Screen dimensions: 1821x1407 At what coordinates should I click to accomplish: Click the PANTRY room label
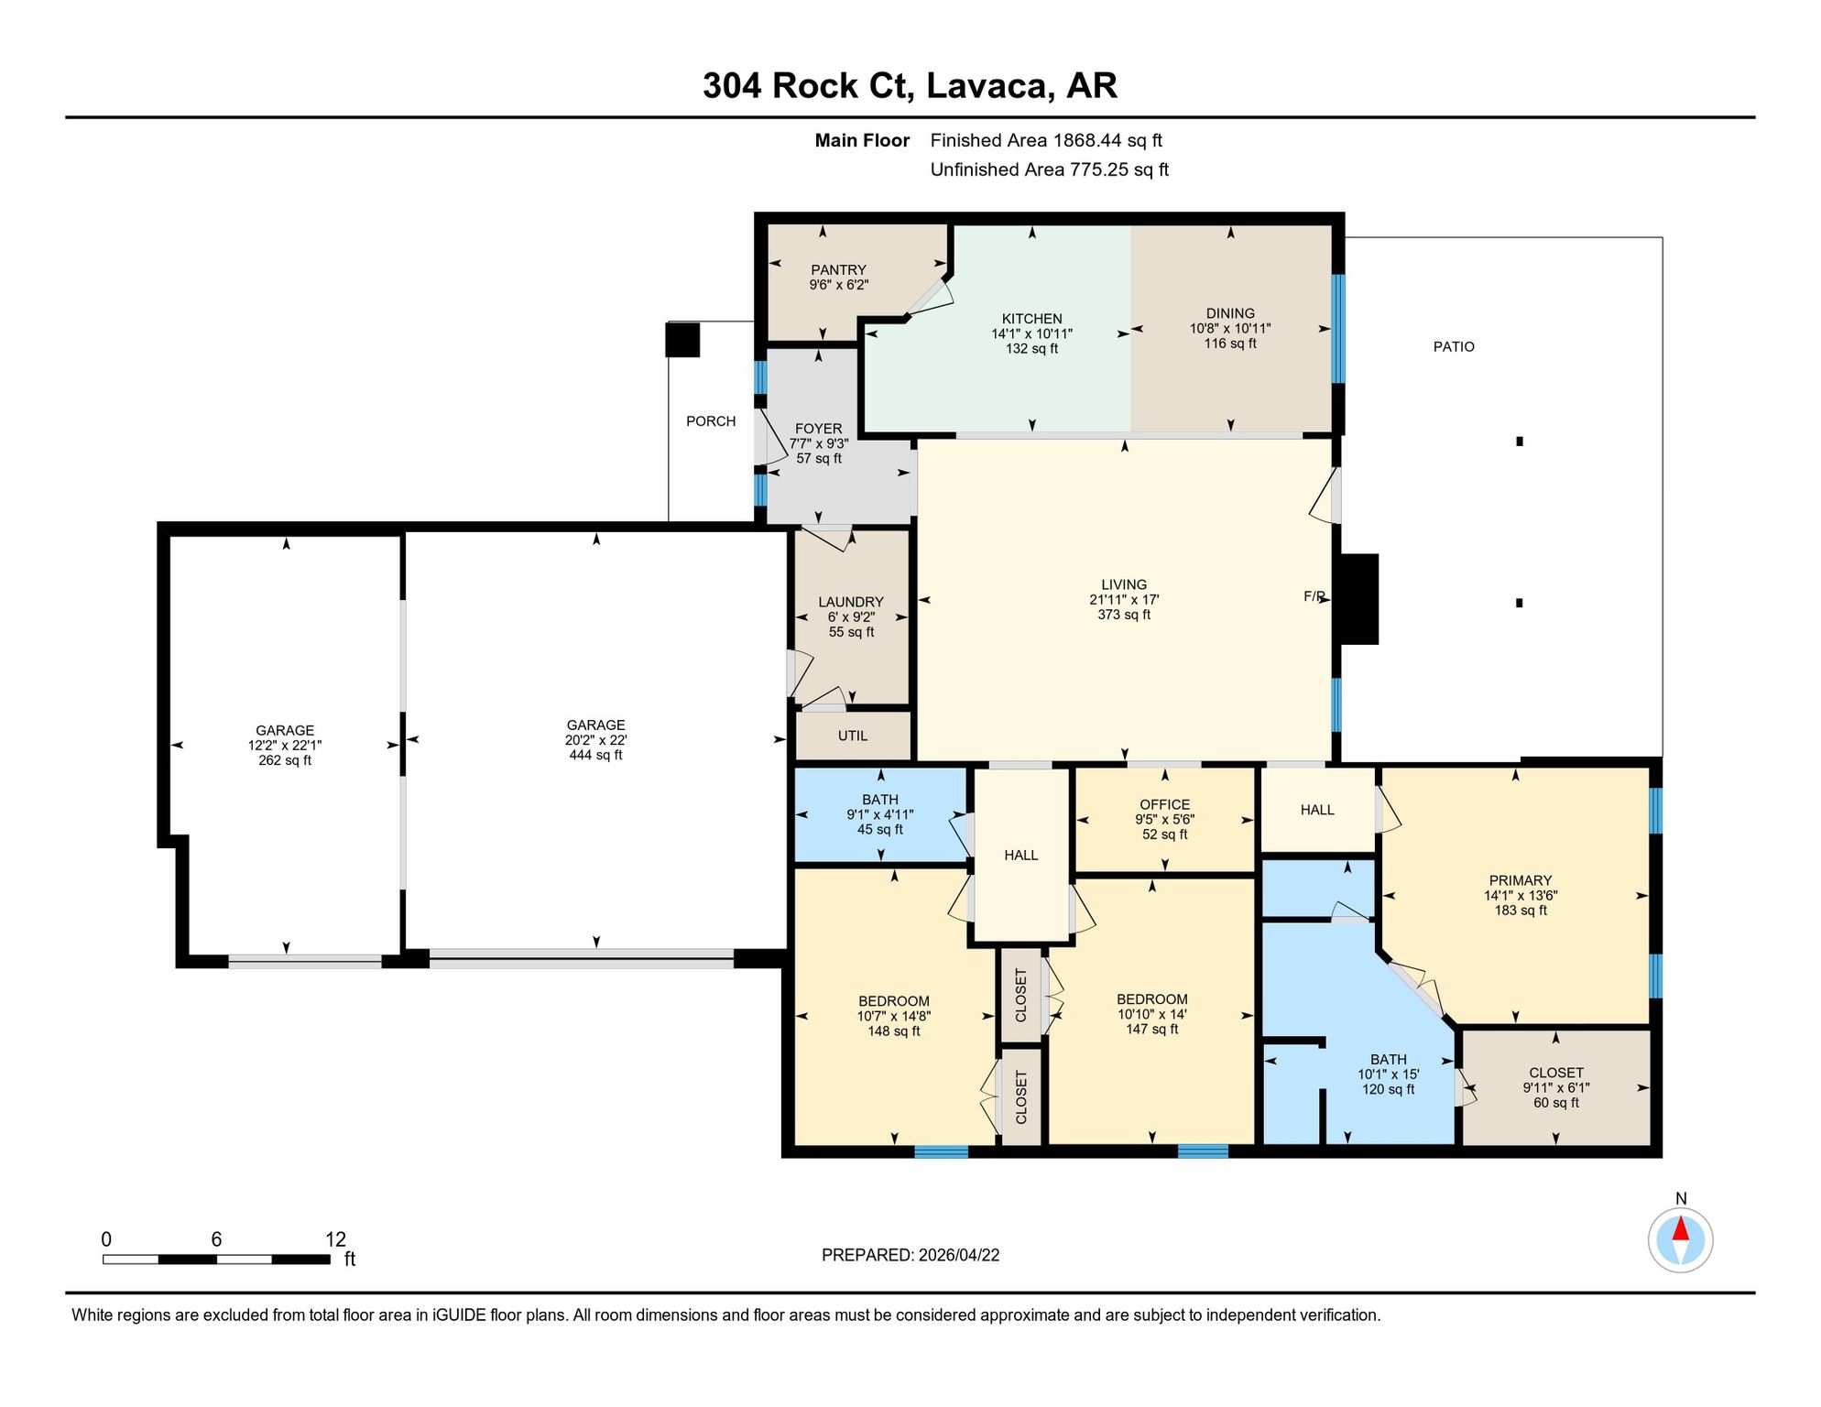(x=838, y=269)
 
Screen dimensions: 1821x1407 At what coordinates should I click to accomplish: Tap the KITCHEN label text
(x=1031, y=319)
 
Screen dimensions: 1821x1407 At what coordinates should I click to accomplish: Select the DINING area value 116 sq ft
(x=1230, y=344)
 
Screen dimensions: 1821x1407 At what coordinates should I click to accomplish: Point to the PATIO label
(x=1454, y=346)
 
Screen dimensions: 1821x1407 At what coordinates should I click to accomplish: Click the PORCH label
(x=711, y=421)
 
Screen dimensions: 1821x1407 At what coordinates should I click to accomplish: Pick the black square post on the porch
(x=682, y=340)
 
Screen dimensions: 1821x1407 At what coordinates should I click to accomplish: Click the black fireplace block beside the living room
(x=1359, y=599)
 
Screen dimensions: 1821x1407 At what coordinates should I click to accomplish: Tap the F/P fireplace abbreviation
(x=1314, y=596)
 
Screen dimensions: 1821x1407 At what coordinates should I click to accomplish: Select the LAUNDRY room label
(x=851, y=602)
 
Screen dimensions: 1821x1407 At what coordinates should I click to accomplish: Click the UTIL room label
(x=853, y=736)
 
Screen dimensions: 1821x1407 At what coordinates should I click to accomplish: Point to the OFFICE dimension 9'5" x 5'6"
(x=1164, y=820)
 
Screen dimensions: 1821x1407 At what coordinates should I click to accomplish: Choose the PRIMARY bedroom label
(x=1521, y=880)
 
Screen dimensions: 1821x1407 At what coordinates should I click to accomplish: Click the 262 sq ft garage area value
(x=285, y=760)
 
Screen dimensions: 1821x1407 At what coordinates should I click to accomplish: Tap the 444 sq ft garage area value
(x=595, y=755)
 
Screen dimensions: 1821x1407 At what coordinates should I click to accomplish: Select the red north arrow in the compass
(x=1681, y=1228)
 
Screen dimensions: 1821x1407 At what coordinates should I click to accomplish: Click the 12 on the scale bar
(x=335, y=1239)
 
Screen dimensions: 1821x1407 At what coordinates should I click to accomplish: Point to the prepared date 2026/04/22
(x=959, y=1255)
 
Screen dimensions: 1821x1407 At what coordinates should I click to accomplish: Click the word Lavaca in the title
(x=987, y=86)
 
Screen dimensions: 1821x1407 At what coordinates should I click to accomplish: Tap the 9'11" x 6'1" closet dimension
(x=1556, y=1088)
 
